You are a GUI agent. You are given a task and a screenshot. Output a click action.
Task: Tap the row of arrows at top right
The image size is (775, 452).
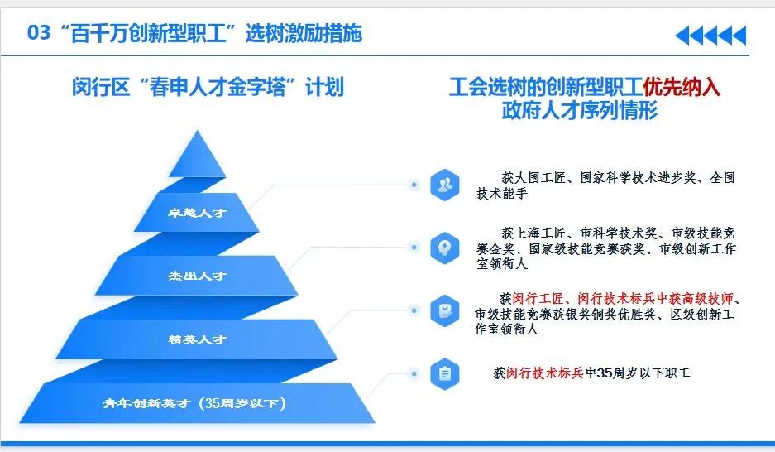pos(710,35)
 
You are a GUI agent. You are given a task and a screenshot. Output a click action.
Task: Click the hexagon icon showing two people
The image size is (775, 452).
pos(445,185)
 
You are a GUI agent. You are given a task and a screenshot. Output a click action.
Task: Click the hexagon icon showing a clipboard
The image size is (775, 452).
pos(445,373)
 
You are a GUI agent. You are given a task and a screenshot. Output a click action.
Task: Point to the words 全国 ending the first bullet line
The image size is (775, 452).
pos(721,177)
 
